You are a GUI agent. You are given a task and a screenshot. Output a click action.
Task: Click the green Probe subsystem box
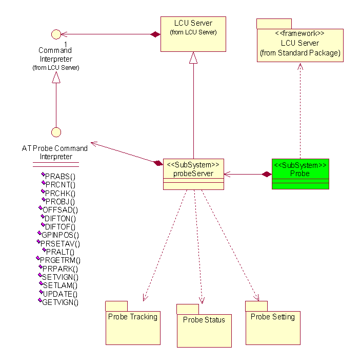300,174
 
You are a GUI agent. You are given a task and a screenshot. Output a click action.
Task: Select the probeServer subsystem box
193,174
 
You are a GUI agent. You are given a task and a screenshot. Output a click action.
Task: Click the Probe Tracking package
133,327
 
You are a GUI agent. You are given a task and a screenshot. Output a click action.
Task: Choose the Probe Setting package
272,327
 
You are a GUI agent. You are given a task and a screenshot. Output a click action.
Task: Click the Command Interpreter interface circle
56,34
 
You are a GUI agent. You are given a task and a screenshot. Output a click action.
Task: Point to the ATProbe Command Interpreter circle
56,132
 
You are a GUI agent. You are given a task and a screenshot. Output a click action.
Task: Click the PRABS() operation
60,177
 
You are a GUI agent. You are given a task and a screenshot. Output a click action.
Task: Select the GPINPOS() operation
60,235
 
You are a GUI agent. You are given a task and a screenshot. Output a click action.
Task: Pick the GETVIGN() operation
60,302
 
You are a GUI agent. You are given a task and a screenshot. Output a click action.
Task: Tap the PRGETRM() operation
60,260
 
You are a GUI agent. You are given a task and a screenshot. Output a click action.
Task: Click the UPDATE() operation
60,294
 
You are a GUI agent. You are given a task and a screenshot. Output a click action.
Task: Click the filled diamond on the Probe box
266,175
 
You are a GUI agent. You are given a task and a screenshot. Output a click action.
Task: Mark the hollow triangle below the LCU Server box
193,58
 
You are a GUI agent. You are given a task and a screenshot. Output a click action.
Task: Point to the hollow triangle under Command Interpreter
56,76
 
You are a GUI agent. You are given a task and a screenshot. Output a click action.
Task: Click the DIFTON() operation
60,218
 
